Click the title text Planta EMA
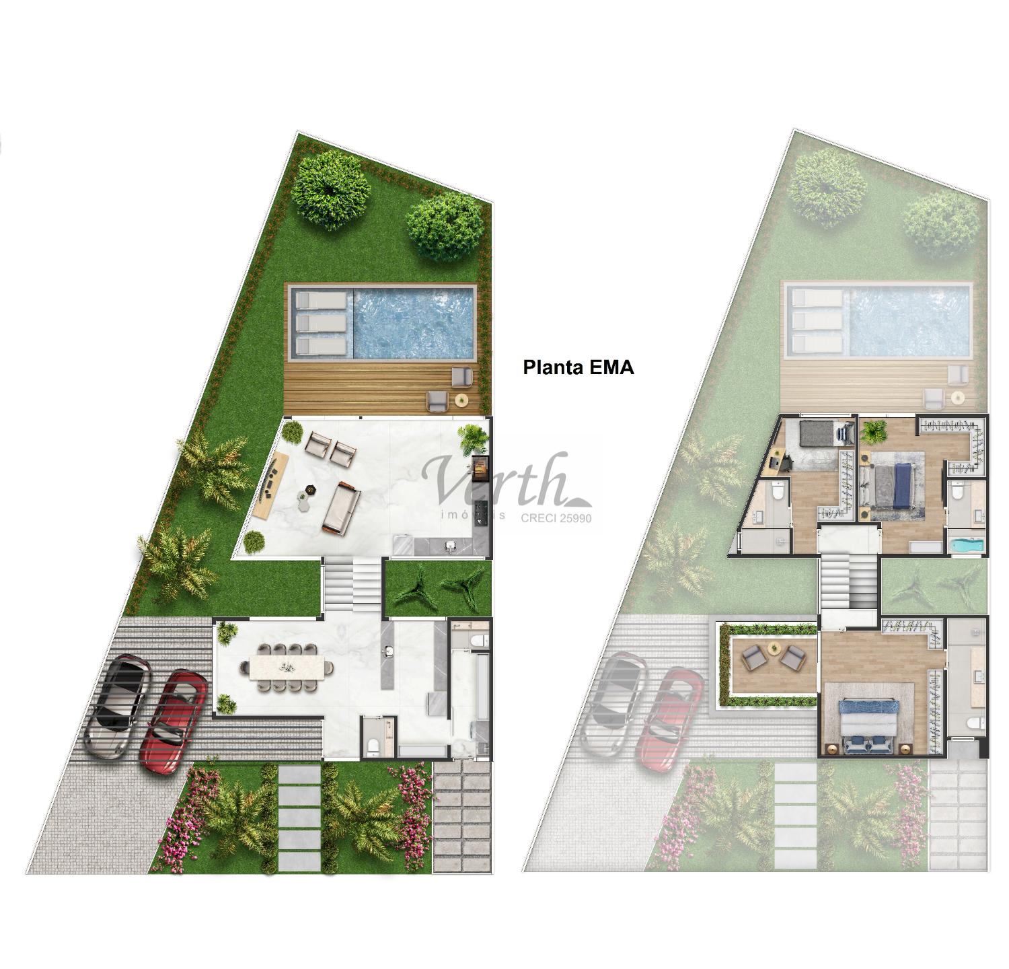tap(578, 367)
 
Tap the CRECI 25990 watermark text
tap(556, 518)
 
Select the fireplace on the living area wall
tap(480, 468)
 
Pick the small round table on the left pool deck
tap(461, 400)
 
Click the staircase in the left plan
tap(352, 586)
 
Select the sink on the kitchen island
tap(389, 651)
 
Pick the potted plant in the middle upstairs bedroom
tap(874, 431)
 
